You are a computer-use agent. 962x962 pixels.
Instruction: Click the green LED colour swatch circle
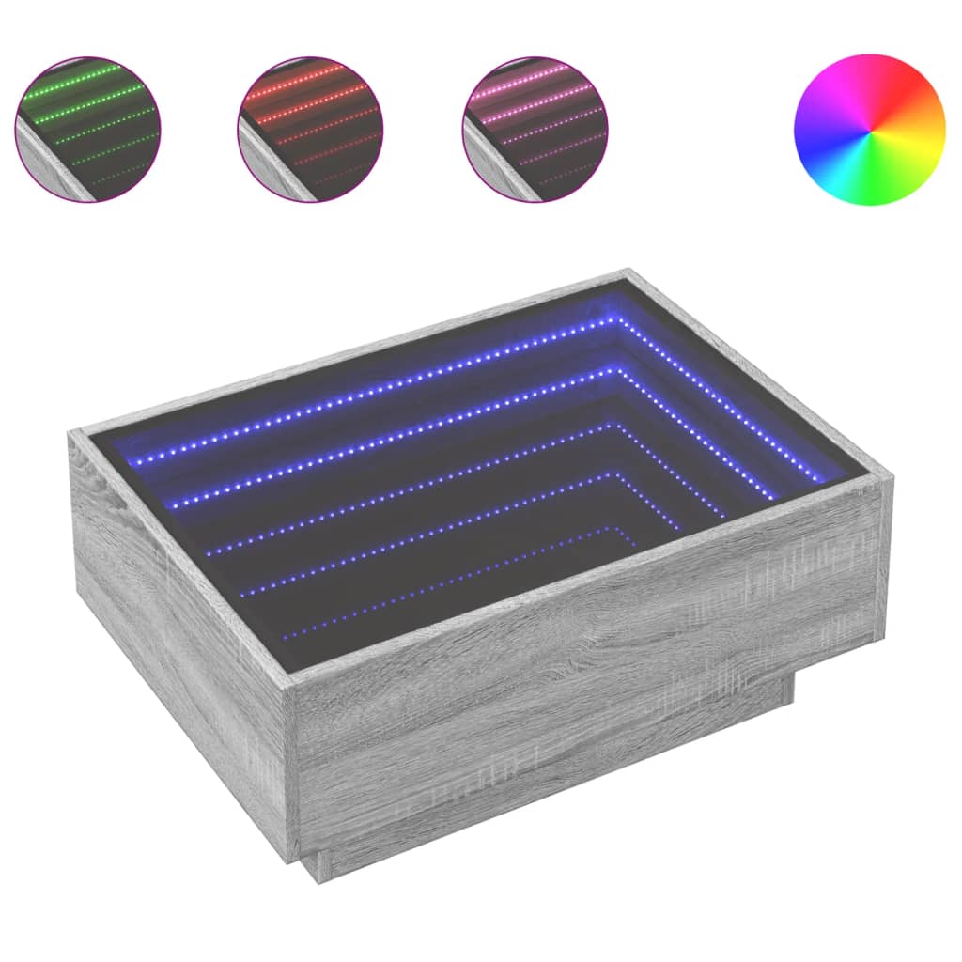87,129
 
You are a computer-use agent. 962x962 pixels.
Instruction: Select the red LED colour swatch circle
310,129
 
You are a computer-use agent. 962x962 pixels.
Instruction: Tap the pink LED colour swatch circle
535,129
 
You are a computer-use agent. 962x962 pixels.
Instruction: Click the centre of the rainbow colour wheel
869,129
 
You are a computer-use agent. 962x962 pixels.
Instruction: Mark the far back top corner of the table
628,273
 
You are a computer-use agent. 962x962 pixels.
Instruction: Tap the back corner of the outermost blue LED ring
616,320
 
